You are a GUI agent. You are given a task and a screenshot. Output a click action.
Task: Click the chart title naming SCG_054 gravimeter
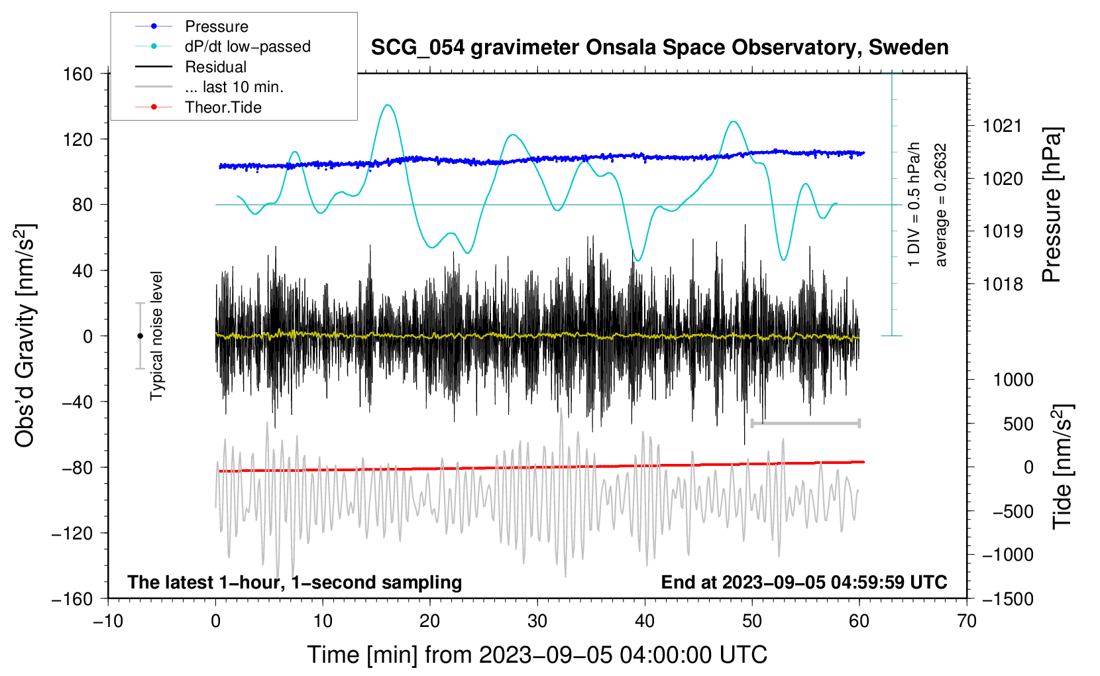[659, 48]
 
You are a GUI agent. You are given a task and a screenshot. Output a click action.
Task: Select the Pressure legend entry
[216, 27]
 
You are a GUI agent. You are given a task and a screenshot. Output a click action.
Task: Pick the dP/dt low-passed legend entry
[247, 46]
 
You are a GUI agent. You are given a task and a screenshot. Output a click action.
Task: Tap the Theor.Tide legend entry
[223, 107]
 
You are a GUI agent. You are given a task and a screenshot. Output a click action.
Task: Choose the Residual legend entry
[215, 67]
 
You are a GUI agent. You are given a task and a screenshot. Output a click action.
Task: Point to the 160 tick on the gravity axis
[78, 74]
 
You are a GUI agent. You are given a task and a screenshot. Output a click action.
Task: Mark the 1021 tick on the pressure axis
[1003, 126]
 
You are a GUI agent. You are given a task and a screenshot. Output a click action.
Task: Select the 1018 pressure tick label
[1003, 284]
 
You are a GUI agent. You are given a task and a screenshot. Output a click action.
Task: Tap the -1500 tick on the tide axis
[1007, 599]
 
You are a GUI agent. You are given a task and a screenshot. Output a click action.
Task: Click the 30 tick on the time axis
[537, 621]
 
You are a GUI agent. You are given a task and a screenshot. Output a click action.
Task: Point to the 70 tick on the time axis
[967, 621]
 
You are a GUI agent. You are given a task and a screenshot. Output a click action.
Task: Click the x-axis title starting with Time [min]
[537, 655]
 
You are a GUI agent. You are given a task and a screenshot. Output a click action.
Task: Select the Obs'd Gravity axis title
[25, 336]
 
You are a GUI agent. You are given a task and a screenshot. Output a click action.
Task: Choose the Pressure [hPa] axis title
[1052, 205]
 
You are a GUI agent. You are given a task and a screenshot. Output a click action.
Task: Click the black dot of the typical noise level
[140, 336]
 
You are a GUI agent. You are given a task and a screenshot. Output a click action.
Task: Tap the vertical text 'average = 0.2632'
[941, 205]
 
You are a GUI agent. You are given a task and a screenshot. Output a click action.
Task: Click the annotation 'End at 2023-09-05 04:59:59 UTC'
[804, 583]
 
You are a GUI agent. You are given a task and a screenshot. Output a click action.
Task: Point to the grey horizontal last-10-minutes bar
[805, 423]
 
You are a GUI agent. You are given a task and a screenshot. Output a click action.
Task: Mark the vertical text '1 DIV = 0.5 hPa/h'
[914, 205]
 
